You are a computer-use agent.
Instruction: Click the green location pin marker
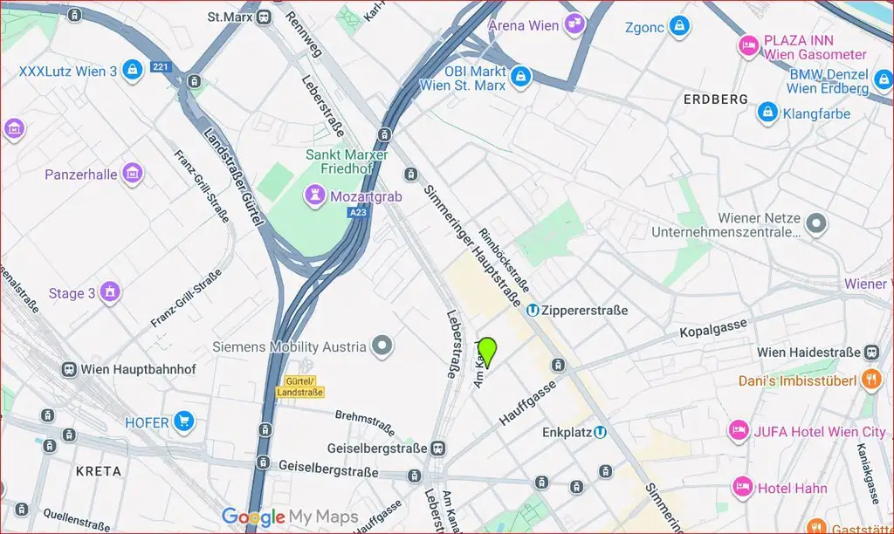[487, 351]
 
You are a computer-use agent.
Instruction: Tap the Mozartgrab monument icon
[313, 195]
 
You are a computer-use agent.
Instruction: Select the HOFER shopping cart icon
[183, 422]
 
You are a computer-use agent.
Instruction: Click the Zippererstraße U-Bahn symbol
[533, 310]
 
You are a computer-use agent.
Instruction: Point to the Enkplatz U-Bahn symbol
[600, 432]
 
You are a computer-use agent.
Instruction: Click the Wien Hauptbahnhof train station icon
[68, 369]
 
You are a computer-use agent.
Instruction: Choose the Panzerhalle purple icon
[132, 175]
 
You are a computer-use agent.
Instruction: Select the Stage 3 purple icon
[109, 292]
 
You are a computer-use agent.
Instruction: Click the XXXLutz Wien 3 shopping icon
[132, 71]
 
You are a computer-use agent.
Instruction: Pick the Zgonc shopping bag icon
[678, 27]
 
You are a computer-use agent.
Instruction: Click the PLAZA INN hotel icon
[748, 46]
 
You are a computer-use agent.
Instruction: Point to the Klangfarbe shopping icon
[767, 113]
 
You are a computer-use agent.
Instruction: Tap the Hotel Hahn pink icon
[743, 487]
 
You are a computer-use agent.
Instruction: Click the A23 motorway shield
[357, 212]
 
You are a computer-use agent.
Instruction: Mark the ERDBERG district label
[716, 99]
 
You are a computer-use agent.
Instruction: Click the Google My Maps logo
[289, 517]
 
